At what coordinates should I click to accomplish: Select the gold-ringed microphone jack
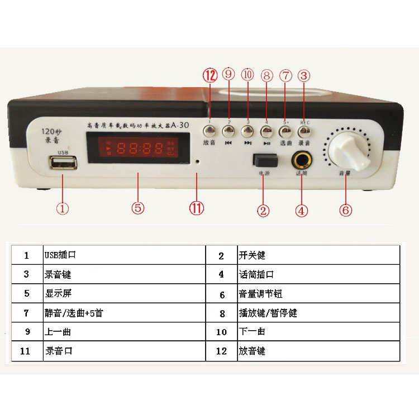pyautogui.click(x=302, y=160)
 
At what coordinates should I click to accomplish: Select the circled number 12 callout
pyautogui.click(x=209, y=75)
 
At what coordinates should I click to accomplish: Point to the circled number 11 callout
pyautogui.click(x=197, y=208)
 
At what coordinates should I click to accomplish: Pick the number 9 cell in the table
pyautogui.click(x=26, y=332)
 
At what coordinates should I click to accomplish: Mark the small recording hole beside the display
pyautogui.click(x=197, y=160)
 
